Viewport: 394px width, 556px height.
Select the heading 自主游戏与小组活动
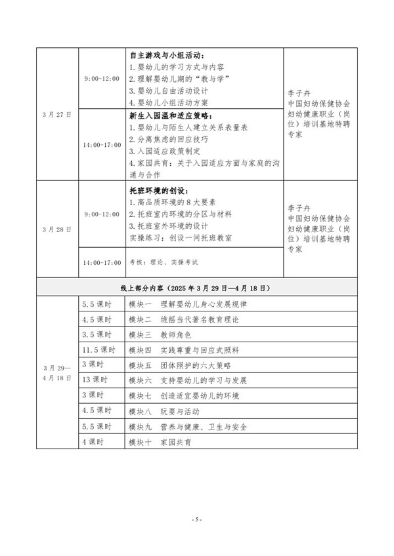click(x=167, y=54)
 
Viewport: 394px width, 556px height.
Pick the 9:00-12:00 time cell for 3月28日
click(x=102, y=214)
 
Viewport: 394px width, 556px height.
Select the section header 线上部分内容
click(x=196, y=288)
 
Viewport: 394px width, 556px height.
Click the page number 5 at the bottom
click(x=196, y=519)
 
